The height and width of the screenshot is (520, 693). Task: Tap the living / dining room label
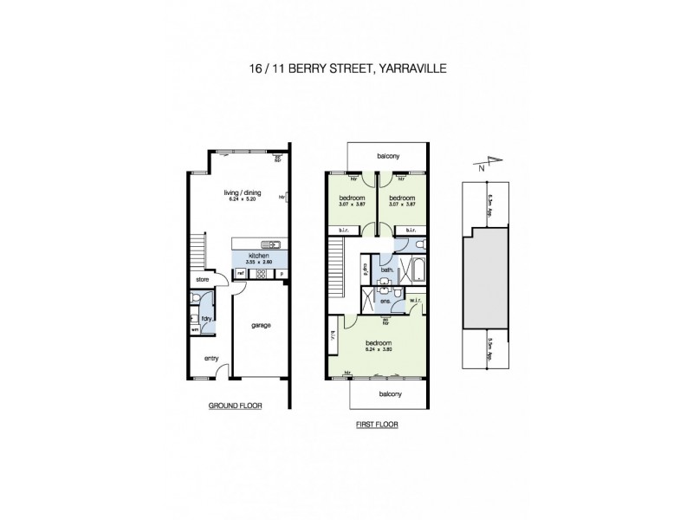pyautogui.click(x=243, y=195)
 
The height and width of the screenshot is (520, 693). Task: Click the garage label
pyautogui.click(x=261, y=326)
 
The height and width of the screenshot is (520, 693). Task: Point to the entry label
pyautogui.click(x=210, y=358)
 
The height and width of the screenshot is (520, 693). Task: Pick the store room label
pyautogui.click(x=204, y=280)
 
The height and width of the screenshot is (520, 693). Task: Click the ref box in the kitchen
pyautogui.click(x=240, y=274)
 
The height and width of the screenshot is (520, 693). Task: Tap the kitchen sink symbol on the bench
pyautogui.click(x=267, y=245)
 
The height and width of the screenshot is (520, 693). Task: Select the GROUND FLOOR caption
pyautogui.click(x=235, y=406)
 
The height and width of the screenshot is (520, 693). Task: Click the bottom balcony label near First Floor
pyautogui.click(x=389, y=394)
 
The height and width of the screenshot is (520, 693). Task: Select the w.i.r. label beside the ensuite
pyautogui.click(x=416, y=302)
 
